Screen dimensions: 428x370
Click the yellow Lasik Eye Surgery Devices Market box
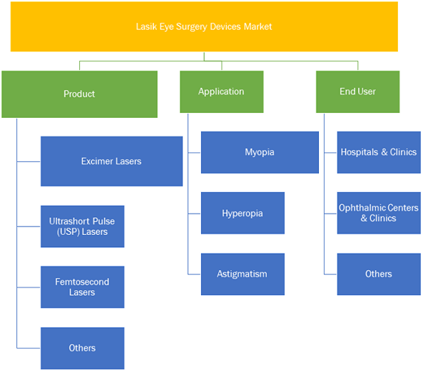click(204, 26)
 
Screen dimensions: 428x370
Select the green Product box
click(79, 94)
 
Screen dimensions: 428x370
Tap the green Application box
click(222, 92)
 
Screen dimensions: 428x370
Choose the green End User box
click(358, 92)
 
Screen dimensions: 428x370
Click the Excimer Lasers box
click(112, 161)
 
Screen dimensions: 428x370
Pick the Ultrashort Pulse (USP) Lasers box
click(83, 226)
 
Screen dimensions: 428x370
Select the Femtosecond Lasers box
click(83, 287)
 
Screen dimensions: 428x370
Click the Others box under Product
click(83, 348)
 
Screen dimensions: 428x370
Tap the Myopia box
click(260, 152)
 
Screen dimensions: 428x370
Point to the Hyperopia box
click(243, 213)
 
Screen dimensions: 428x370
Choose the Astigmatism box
click(243, 274)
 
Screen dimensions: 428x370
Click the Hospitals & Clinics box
click(379, 152)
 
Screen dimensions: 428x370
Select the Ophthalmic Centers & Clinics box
click(379, 213)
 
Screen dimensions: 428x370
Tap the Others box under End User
click(379, 274)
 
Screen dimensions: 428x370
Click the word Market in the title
click(258, 26)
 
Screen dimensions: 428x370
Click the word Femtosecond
click(82, 281)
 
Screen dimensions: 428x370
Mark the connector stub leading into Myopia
click(194, 153)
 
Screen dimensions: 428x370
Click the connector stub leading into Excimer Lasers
click(29, 161)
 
